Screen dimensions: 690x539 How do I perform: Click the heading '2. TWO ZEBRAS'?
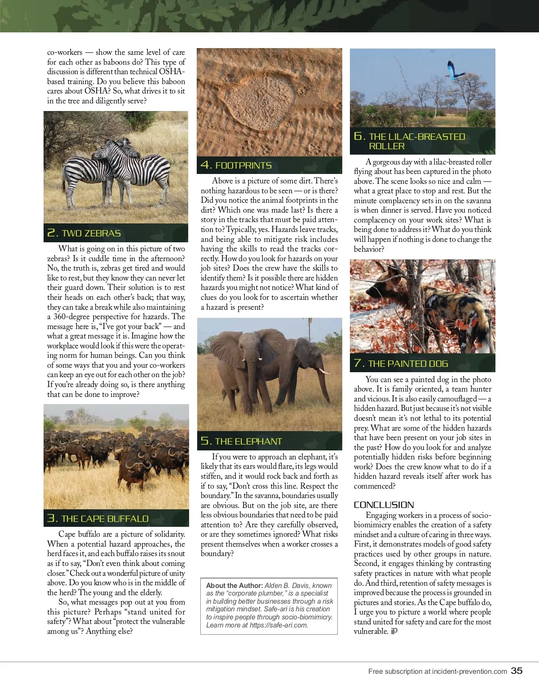click(84, 233)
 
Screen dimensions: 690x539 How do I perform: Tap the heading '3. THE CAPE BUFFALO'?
click(98, 519)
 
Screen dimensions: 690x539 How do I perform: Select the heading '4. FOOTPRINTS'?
click(236, 165)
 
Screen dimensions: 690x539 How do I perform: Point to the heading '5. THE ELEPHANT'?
click(241, 441)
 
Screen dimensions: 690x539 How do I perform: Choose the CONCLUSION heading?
click(384, 505)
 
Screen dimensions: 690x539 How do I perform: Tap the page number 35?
click(517, 671)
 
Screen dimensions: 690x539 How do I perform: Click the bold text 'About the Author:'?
click(234, 586)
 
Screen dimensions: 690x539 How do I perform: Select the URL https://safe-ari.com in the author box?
click(278, 625)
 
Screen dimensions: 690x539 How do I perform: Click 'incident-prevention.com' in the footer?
click(469, 672)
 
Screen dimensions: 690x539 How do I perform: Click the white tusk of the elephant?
click(324, 371)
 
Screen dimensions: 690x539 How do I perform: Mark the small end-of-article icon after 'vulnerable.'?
click(394, 631)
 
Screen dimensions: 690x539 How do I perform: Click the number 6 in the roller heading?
click(358, 136)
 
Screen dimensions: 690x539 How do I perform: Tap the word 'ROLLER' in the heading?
click(387, 146)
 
